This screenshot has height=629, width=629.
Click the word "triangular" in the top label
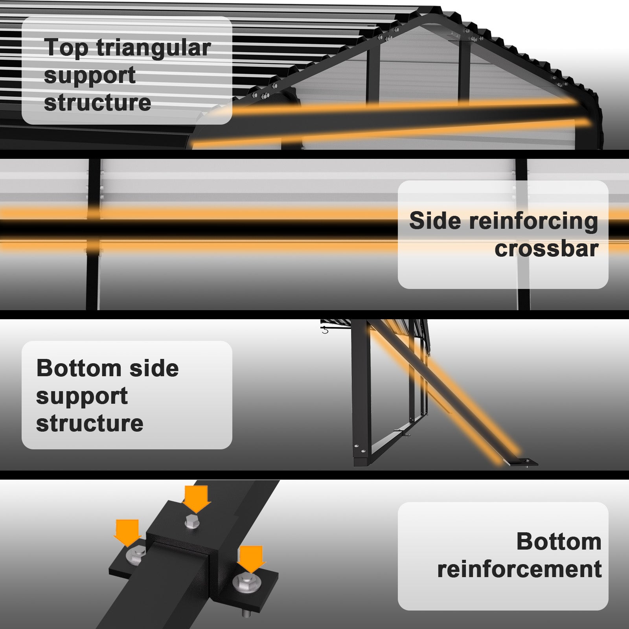click(153, 48)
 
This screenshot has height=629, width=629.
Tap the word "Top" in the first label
click(66, 48)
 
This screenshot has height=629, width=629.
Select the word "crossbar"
click(546, 248)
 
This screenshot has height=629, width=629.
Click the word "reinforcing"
click(534, 221)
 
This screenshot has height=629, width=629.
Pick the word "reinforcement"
click(519, 569)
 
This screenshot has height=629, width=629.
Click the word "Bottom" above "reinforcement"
click(559, 541)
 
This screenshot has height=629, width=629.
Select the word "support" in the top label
click(90, 75)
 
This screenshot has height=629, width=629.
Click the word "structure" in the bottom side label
click(90, 423)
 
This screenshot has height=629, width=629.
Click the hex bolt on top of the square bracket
click(192, 521)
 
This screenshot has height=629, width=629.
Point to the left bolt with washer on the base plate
click(136, 554)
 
